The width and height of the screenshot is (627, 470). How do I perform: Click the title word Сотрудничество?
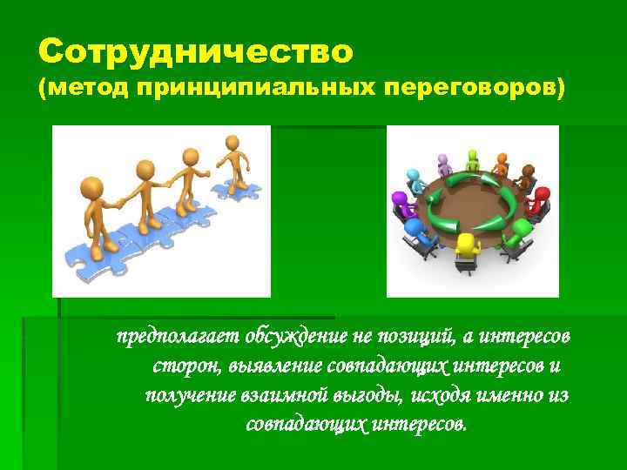(x=196, y=52)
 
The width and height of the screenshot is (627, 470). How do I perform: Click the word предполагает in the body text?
(x=178, y=336)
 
